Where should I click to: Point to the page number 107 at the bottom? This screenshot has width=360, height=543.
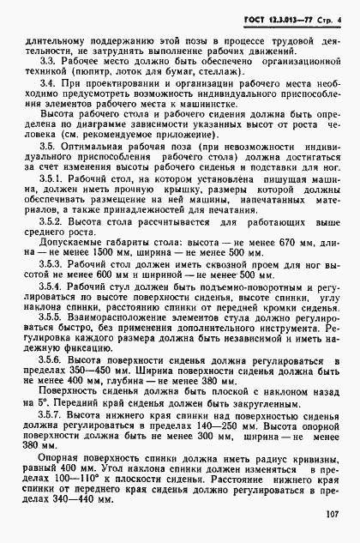click(333, 516)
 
